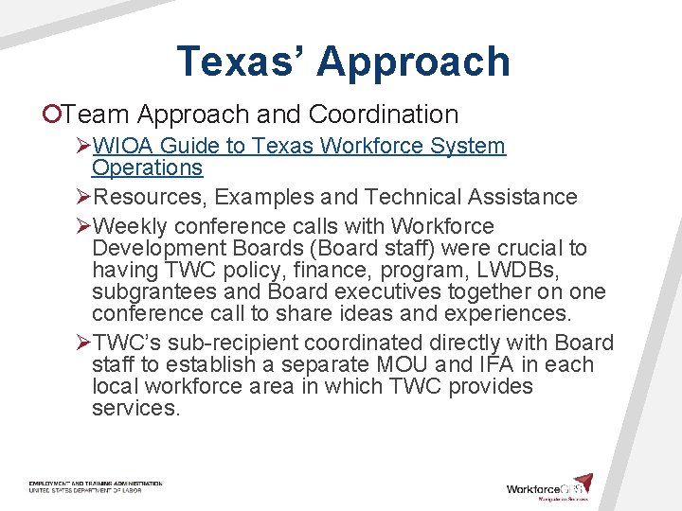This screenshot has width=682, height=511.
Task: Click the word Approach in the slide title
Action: (413, 62)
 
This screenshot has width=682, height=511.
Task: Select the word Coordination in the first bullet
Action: (384, 115)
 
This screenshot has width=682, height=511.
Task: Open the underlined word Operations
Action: (147, 167)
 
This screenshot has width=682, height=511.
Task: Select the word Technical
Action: (417, 197)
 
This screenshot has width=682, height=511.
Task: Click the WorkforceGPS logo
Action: (549, 488)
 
